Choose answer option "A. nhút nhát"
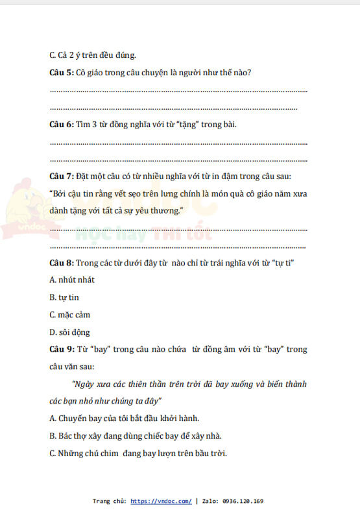tap(72, 280)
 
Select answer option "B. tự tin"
tap(64, 297)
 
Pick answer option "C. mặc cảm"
tap(70, 315)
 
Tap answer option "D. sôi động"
tap(70, 332)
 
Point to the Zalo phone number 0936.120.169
tap(243, 502)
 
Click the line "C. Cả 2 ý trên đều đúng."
tap(93, 55)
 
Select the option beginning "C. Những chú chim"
tap(138, 453)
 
